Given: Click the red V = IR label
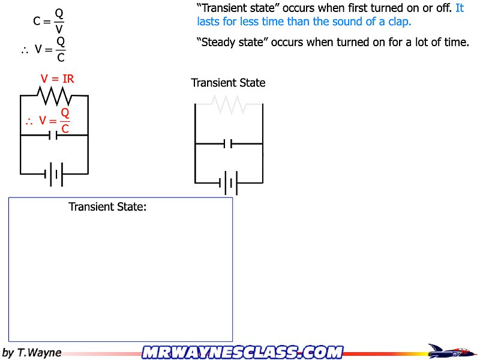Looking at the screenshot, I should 57,79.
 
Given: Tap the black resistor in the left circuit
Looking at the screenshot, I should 55,95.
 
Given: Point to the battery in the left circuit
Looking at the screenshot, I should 54,174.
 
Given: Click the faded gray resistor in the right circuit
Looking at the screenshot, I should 229,104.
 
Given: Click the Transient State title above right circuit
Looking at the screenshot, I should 228,83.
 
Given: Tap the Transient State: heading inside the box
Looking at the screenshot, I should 107,207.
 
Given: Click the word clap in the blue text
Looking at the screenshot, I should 397,22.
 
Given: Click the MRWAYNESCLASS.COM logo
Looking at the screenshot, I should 242,352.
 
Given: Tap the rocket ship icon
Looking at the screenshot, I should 450,351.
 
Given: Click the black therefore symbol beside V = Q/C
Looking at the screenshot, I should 25,50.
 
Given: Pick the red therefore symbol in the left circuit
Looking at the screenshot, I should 29,121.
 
